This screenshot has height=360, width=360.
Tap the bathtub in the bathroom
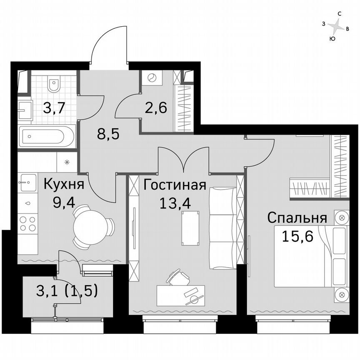pos(47,136)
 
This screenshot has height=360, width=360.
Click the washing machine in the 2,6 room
pos(151,78)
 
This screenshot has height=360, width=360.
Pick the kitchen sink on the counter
pos(26,182)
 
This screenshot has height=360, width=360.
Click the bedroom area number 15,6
pos(297,236)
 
